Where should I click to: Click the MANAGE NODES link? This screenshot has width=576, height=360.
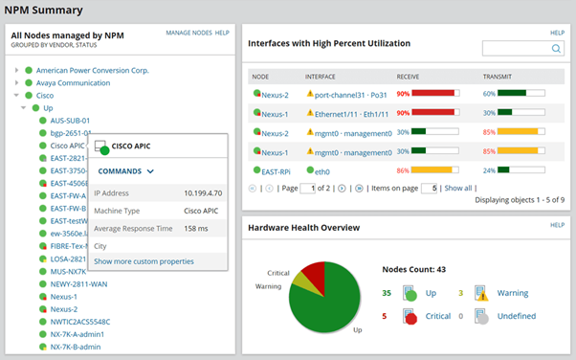tap(188, 33)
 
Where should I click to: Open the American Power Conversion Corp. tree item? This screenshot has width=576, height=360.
tap(93, 70)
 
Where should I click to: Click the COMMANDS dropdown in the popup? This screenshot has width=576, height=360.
tap(126, 171)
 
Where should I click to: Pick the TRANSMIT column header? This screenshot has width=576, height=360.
tap(498, 75)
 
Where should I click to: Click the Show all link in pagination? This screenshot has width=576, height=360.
tap(458, 189)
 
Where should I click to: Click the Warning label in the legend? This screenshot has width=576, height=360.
tap(511, 294)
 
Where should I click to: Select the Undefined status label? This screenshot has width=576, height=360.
tap(516, 316)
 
